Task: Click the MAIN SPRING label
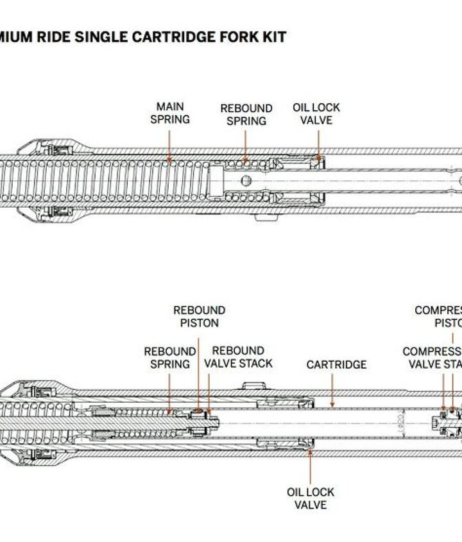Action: [x=170, y=113]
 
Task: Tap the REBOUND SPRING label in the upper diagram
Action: [x=246, y=114]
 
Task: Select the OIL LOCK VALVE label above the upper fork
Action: [x=316, y=114]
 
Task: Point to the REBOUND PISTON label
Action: [x=200, y=317]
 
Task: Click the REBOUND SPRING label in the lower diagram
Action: [x=169, y=358]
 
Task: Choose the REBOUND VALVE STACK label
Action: [x=238, y=357]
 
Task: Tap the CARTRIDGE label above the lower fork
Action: [x=336, y=364]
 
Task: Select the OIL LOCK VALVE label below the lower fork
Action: [x=311, y=498]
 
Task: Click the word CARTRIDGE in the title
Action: [x=162, y=37]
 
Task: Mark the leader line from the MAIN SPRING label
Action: [x=170, y=144]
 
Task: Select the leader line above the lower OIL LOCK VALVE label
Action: [x=311, y=466]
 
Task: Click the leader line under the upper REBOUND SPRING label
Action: [x=246, y=144]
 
